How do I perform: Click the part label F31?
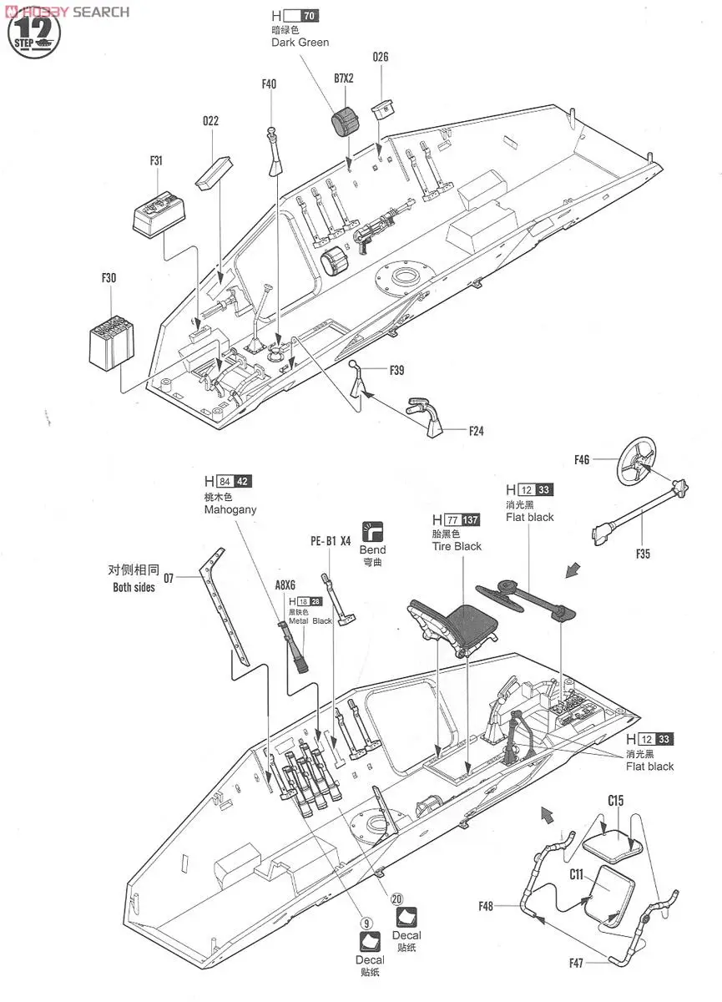pos(156,160)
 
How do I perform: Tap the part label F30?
pos(108,278)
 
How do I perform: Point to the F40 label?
pos(268,83)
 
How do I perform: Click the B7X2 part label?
pos(345,78)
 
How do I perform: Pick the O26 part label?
pos(381,57)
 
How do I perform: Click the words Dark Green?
pos(300,43)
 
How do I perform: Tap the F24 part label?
pos(476,431)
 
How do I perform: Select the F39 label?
pos(396,370)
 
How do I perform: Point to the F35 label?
pos(642,554)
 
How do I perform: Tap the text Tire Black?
pos(457,546)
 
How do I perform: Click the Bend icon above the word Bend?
pos(372,531)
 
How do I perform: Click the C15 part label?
pos(615,801)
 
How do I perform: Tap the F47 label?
pos(577,963)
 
